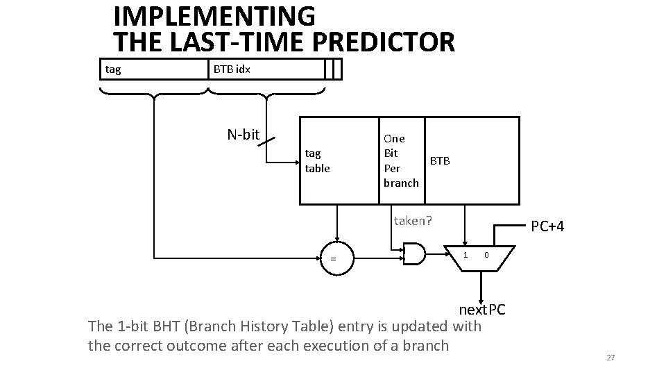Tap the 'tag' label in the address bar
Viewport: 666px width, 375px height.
tap(112, 69)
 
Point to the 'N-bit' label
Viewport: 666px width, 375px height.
tap(243, 134)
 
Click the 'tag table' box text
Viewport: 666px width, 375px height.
tap(318, 161)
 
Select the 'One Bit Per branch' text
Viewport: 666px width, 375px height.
tap(400, 160)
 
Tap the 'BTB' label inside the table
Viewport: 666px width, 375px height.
tap(440, 160)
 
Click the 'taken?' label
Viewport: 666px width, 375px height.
tap(413, 221)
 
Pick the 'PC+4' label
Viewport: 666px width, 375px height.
tap(547, 226)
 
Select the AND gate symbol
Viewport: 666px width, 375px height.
tap(416, 255)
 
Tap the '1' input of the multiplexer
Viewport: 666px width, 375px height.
tap(466, 254)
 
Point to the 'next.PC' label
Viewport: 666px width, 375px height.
tap(482, 308)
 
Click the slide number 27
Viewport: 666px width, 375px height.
tap(610, 358)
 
